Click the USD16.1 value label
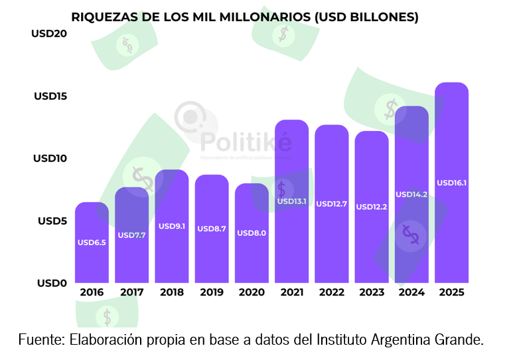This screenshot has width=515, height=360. click(451, 183)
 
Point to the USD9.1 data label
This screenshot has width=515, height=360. click(171, 226)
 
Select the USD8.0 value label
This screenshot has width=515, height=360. click(252, 232)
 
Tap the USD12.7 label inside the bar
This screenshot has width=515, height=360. click(331, 204)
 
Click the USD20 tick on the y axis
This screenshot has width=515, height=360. click(49, 34)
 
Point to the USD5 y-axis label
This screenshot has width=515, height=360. click(52, 221)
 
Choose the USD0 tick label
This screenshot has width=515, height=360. click(52, 283)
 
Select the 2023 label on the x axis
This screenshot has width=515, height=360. click(372, 292)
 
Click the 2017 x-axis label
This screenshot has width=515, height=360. click(131, 292)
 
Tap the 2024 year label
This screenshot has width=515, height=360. click(411, 292)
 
